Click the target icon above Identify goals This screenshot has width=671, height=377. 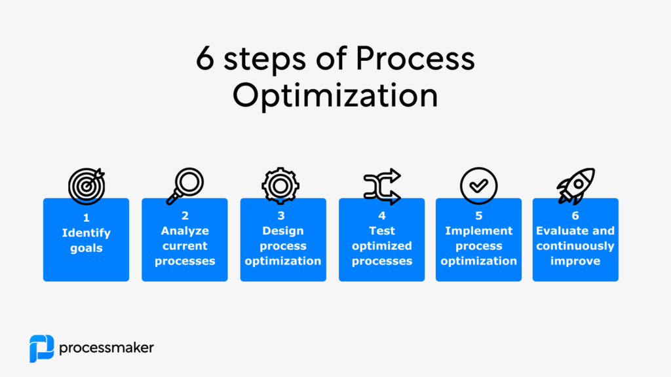[86, 187]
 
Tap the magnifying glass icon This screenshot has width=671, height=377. [185, 187]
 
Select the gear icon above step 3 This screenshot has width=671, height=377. [280, 187]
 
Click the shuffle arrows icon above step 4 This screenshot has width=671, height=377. [381, 187]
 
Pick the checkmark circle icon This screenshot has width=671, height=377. [479, 187]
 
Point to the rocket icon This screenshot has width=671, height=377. [576, 187]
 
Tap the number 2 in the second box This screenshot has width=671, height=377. [185, 215]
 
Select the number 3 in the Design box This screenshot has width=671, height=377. [283, 215]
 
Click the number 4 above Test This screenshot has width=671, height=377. [381, 215]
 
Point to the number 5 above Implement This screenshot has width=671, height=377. [479, 215]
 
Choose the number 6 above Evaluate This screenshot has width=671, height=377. [575, 215]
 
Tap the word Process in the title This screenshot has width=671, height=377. [415, 60]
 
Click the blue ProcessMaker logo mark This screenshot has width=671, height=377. [41, 348]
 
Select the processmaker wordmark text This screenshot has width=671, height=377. [106, 348]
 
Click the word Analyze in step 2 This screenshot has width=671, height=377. [185, 230]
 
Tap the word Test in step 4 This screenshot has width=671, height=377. [381, 230]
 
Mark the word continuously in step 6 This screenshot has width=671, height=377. [575, 246]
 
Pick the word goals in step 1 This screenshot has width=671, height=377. [86, 248]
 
